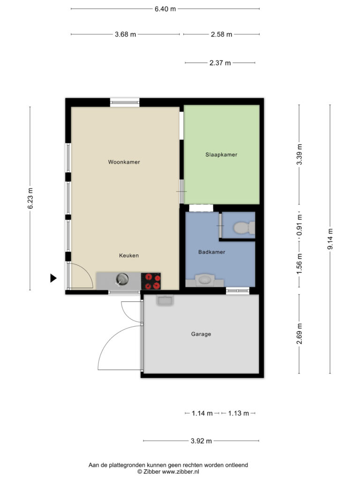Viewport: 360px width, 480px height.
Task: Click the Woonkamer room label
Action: tap(124, 162)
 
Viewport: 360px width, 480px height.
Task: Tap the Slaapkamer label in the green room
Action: tap(221, 155)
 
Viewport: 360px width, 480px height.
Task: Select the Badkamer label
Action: tap(211, 252)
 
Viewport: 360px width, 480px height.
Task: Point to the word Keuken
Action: tap(129, 255)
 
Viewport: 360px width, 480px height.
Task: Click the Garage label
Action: tap(201, 334)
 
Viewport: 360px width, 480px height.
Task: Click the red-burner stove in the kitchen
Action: tap(150, 281)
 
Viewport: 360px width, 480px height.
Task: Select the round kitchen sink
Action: tap(122, 279)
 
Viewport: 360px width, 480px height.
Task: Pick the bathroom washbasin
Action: tap(204, 280)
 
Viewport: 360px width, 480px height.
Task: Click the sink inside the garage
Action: tap(165, 300)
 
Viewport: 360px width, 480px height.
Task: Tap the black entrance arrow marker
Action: tap(53, 278)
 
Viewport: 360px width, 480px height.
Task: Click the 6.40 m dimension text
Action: tap(165, 9)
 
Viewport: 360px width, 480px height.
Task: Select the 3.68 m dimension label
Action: tap(126, 34)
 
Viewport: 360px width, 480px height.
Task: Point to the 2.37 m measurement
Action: tap(220, 63)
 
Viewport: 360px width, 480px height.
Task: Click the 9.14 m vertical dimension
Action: tap(330, 239)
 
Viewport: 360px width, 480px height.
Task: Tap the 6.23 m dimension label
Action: tap(30, 198)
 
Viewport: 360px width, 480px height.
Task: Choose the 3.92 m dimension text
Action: tap(201, 441)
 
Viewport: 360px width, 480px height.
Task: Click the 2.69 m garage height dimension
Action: tap(299, 334)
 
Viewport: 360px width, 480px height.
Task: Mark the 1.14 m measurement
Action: tap(202, 413)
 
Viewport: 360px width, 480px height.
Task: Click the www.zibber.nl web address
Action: tap(180, 472)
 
